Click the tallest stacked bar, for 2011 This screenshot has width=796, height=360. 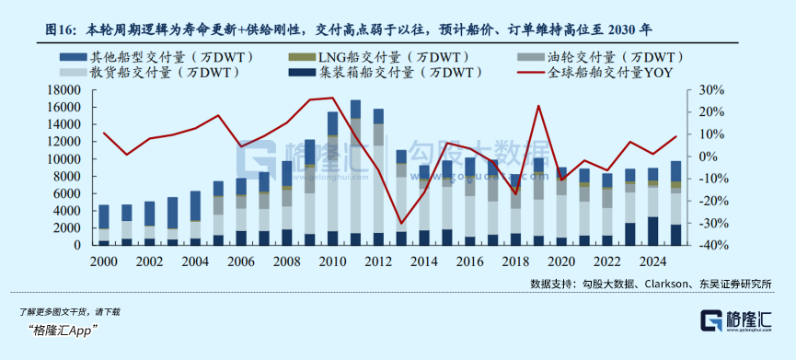coord(355,173)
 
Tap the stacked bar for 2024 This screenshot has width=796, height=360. coord(653,206)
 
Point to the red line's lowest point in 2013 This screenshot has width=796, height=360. coord(401,223)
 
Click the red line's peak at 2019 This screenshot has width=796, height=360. coord(538,106)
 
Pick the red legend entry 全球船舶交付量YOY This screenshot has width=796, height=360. coord(595,73)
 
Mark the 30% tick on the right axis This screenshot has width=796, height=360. coord(710,90)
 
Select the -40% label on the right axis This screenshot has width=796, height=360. coord(709,245)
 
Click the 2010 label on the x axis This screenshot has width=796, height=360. coord(333,262)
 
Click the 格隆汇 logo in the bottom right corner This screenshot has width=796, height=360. coord(736,320)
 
